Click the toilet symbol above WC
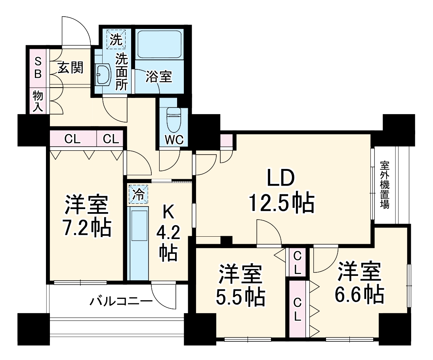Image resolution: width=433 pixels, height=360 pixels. [173, 120]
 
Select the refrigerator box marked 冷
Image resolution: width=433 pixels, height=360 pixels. [138, 194]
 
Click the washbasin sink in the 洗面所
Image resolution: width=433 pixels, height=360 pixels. [104, 74]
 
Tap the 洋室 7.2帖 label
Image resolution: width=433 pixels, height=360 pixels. [86, 216]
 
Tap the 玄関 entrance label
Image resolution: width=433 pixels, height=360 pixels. [71, 68]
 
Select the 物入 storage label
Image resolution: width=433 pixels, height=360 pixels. [38, 101]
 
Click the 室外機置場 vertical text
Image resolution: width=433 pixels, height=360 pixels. [384, 185]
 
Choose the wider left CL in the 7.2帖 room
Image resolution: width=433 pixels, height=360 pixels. [73, 139]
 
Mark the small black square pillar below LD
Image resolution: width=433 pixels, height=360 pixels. [226, 240]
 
